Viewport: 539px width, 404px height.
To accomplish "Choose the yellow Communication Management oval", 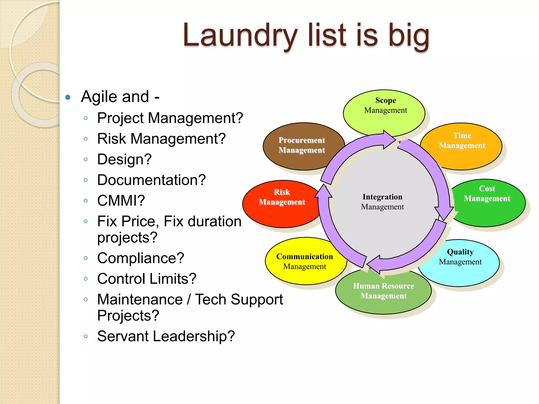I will (x=305, y=261).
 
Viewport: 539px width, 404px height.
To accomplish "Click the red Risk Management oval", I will (x=282, y=197).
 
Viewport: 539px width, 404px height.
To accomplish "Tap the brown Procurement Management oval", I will (x=302, y=145).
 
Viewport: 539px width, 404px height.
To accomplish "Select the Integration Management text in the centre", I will (x=382, y=202).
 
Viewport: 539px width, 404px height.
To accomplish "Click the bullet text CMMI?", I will (x=121, y=201).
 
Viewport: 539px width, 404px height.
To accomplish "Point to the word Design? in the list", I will (x=124, y=159).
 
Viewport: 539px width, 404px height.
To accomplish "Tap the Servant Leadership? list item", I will (x=166, y=336).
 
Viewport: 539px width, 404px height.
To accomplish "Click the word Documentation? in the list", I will (x=151, y=180).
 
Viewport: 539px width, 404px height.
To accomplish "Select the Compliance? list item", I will (x=141, y=258).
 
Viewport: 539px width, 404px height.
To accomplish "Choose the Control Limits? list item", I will (x=147, y=279).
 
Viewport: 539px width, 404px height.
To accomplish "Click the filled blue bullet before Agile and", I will (x=68, y=97).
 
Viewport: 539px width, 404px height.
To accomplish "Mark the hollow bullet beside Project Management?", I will (x=86, y=118).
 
